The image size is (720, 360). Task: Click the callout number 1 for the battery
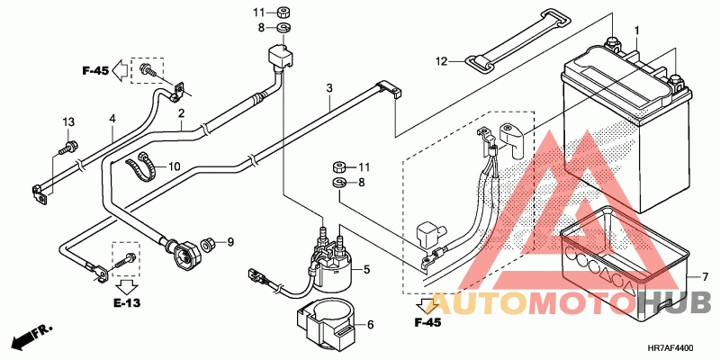(637, 31)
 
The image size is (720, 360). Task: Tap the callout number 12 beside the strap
(441, 61)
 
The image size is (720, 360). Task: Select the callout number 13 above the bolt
(68, 122)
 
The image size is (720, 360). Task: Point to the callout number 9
(230, 240)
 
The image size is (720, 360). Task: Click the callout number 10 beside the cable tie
(175, 166)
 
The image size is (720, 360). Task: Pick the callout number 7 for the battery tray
(705, 277)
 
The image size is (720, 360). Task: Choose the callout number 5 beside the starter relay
(366, 270)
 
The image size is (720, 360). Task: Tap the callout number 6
(371, 325)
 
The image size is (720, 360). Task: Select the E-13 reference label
(128, 303)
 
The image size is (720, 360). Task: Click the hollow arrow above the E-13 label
(126, 286)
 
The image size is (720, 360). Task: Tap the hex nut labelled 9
(208, 244)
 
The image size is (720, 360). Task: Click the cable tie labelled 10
(140, 166)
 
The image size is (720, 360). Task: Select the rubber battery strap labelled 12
(519, 40)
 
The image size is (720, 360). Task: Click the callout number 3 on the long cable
(329, 87)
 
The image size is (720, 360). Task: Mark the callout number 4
(112, 119)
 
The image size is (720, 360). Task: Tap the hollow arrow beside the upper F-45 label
(121, 70)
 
